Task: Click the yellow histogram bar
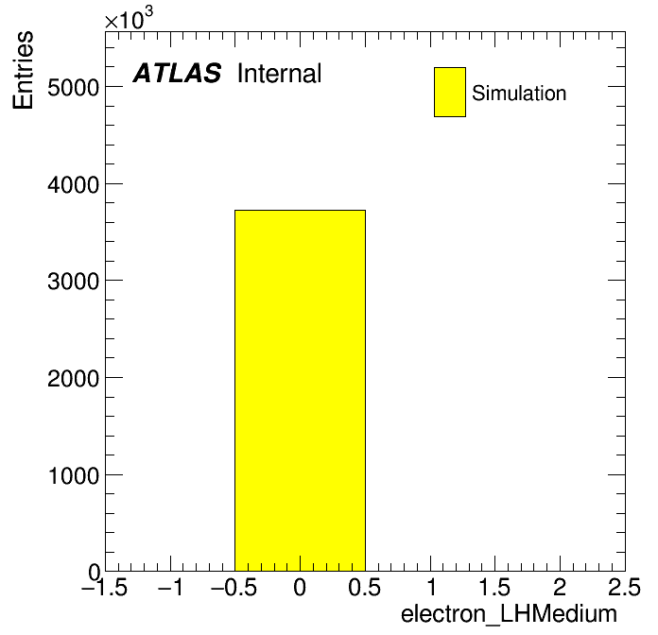pyautogui.click(x=300, y=390)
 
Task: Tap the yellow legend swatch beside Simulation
pyautogui.click(x=450, y=92)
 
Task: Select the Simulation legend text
pyautogui.click(x=519, y=93)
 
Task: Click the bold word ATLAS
pyautogui.click(x=177, y=73)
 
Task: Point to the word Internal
pyautogui.click(x=280, y=74)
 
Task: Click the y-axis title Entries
pyautogui.click(x=23, y=70)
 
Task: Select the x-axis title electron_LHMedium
pyautogui.click(x=509, y=614)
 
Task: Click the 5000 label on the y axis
pyautogui.click(x=74, y=88)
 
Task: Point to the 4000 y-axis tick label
pyautogui.click(x=74, y=184)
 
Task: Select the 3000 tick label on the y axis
pyautogui.click(x=74, y=282)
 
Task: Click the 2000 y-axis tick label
pyautogui.click(x=74, y=379)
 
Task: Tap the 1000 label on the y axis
pyautogui.click(x=74, y=475)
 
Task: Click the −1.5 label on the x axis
pyautogui.click(x=104, y=587)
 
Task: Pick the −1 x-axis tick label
pyautogui.click(x=170, y=587)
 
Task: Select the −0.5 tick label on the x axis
pyautogui.click(x=234, y=587)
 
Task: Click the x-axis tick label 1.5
pyautogui.click(x=494, y=587)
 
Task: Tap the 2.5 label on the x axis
pyautogui.click(x=624, y=587)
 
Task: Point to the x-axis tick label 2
pyautogui.click(x=560, y=587)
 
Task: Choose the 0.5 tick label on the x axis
pyautogui.click(x=364, y=587)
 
